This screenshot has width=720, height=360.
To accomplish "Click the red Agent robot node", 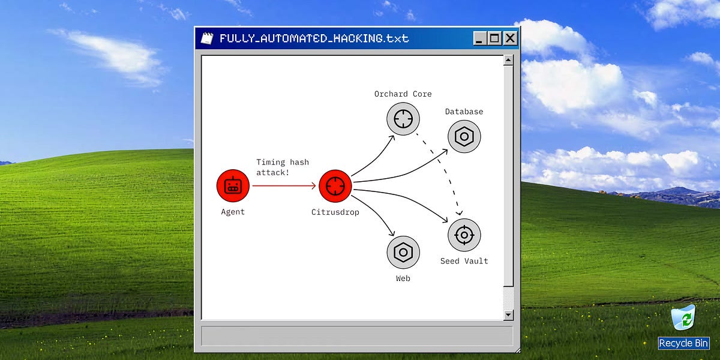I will (x=233, y=186).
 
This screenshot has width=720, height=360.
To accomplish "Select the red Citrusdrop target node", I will (x=335, y=186).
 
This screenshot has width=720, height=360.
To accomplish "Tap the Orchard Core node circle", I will (x=403, y=118).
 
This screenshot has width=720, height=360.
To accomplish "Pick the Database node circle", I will (x=464, y=136).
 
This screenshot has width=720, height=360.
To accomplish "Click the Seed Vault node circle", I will (x=464, y=235).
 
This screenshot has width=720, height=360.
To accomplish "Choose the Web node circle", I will (x=403, y=252).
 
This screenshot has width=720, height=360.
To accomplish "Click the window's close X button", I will (x=510, y=38).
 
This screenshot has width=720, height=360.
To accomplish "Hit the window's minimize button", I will (x=479, y=38).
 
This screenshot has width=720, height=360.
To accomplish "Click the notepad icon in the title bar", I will (x=206, y=38).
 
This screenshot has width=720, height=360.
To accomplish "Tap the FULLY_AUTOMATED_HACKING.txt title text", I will (x=314, y=38).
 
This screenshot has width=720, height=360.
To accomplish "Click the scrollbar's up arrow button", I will (x=508, y=60).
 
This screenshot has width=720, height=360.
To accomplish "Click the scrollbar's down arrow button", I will (x=508, y=315).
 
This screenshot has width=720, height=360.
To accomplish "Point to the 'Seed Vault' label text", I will (x=464, y=261).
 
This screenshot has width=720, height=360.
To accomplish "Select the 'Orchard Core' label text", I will (x=403, y=94).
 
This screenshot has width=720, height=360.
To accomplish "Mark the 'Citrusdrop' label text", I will (x=335, y=212).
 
